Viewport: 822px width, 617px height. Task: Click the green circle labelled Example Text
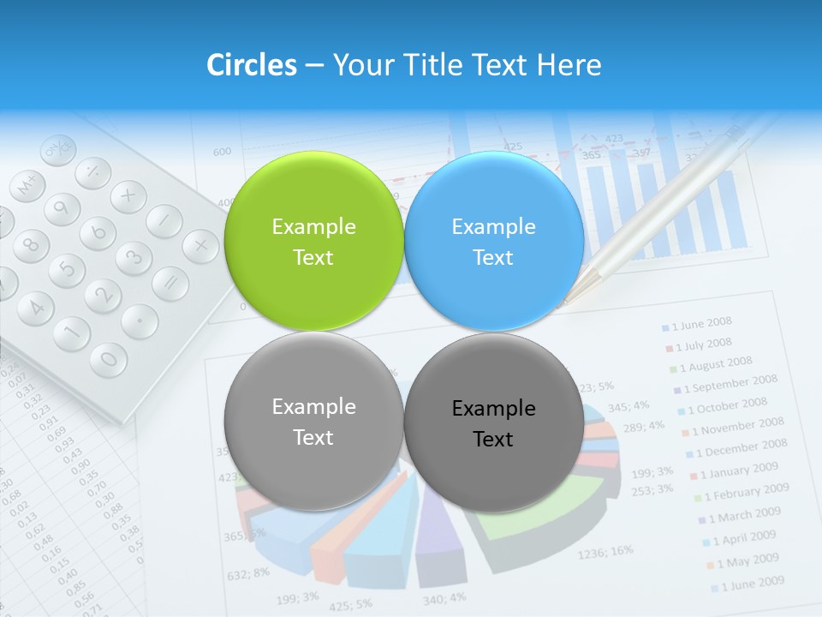[x=313, y=242]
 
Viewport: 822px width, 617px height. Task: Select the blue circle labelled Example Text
[x=493, y=242]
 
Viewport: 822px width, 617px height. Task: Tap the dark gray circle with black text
[x=493, y=422]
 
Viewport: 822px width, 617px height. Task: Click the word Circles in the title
[x=251, y=64]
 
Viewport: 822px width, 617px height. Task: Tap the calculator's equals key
[x=170, y=283]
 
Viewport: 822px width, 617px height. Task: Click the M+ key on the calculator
[x=29, y=184]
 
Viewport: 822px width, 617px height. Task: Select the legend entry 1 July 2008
[x=703, y=344]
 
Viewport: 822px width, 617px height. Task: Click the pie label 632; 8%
[x=249, y=572]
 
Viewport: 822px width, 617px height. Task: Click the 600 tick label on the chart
[x=222, y=152]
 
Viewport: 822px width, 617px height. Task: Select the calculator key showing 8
[x=30, y=244]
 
